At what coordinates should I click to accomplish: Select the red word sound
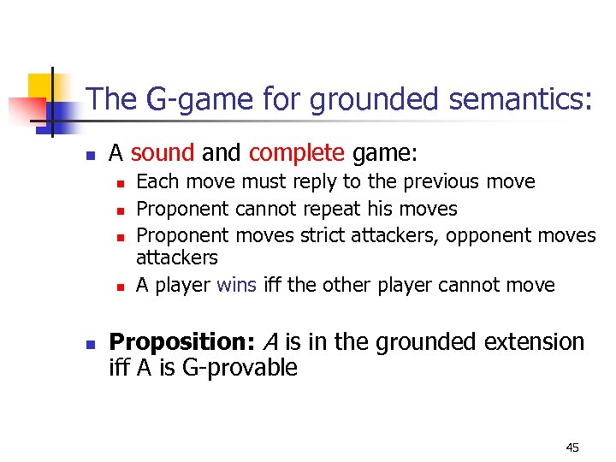pos(163,153)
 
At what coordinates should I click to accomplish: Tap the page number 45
pos(572,447)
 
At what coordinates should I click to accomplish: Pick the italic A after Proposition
pos(269,342)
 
